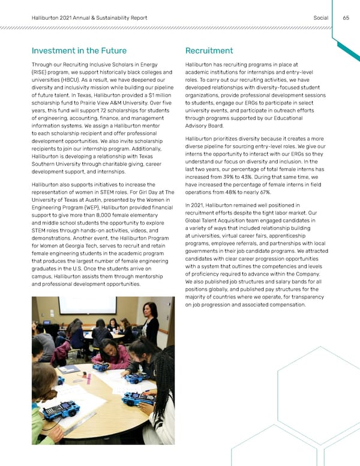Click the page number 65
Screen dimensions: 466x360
tap(346, 17)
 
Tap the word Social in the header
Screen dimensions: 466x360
tap(320, 17)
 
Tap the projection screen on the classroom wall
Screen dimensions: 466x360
tap(87, 305)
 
